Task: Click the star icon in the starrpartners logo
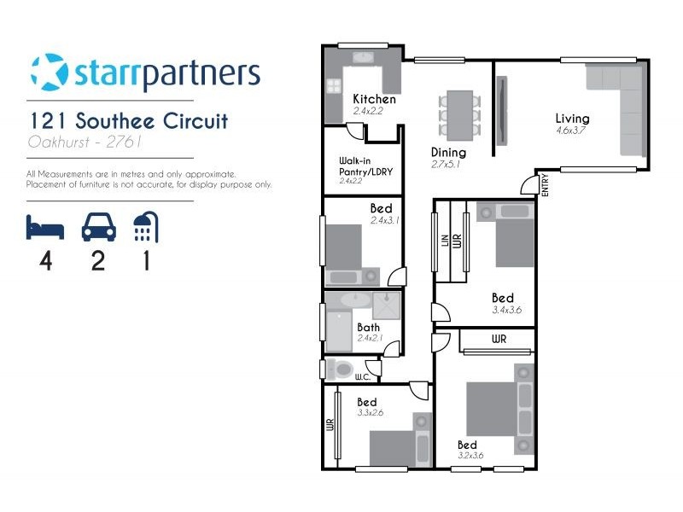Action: [x=49, y=73]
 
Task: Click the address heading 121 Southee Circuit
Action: [x=128, y=120]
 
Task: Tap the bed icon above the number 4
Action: [x=45, y=228]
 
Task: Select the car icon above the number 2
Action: [x=98, y=228]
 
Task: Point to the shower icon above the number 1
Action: [x=146, y=228]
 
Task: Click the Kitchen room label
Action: [x=374, y=100]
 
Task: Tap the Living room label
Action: [x=572, y=119]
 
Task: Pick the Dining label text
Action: [x=447, y=154]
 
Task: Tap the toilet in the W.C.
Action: [x=340, y=369]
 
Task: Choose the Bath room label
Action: [x=369, y=327]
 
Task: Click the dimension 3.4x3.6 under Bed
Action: [x=506, y=311]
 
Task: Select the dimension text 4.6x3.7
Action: [x=572, y=131]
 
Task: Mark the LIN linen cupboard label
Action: [x=444, y=241]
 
